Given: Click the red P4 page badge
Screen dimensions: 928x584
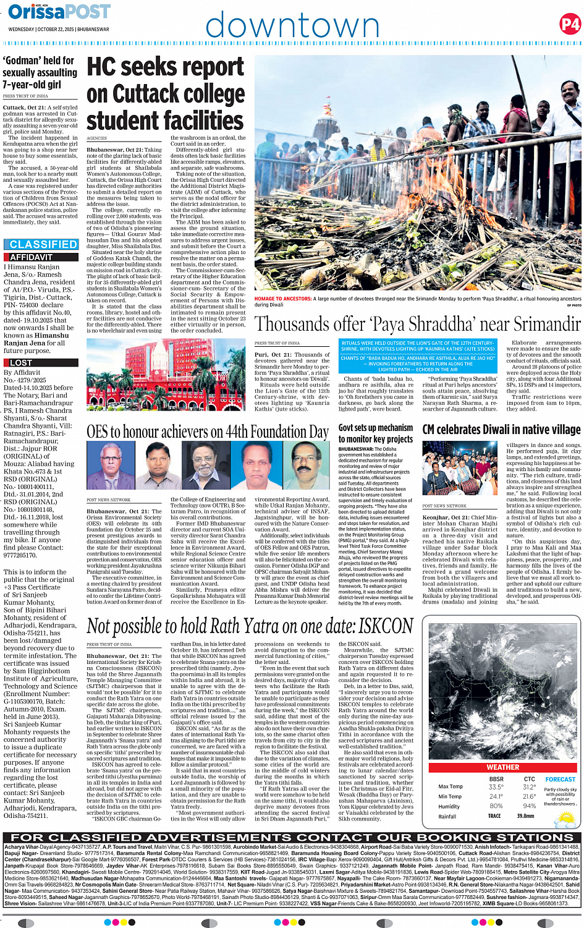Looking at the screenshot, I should [570, 24].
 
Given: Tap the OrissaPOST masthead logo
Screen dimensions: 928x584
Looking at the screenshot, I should [59, 12].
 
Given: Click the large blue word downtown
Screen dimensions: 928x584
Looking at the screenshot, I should [292, 26].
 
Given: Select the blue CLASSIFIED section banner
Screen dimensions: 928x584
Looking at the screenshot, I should [43, 245].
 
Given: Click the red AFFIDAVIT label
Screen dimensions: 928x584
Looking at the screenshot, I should [31, 257].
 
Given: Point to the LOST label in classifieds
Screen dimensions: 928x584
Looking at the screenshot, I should [21, 363].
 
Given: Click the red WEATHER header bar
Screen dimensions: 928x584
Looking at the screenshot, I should [503, 767].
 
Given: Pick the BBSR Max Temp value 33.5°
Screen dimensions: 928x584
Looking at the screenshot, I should [495, 787].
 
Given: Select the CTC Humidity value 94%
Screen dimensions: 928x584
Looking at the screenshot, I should [529, 806].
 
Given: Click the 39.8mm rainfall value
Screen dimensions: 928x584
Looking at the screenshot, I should [526, 816].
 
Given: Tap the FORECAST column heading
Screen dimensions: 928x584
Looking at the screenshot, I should [560, 780].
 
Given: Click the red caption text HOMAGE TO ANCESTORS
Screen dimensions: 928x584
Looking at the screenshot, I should [282, 299].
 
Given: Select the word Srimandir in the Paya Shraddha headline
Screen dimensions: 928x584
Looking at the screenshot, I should [536, 324].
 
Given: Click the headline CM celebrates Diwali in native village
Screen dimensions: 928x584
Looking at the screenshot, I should [501, 429].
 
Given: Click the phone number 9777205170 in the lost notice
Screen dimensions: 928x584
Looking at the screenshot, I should [20, 555].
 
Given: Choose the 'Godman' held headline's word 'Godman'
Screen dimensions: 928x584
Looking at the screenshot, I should [22, 61].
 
